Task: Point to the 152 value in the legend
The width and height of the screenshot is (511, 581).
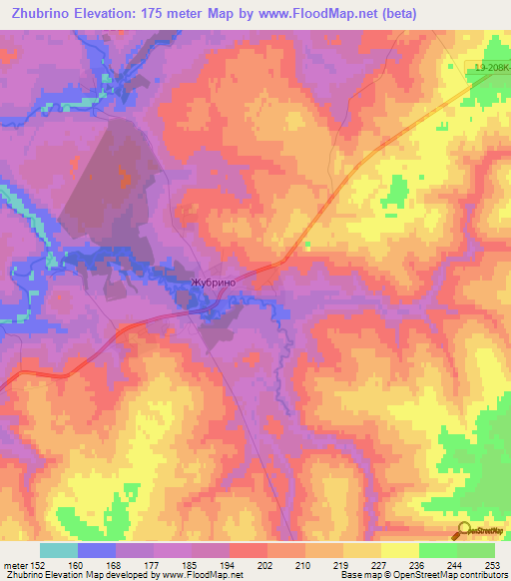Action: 37,565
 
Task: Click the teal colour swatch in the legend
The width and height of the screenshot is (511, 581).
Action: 59,550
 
